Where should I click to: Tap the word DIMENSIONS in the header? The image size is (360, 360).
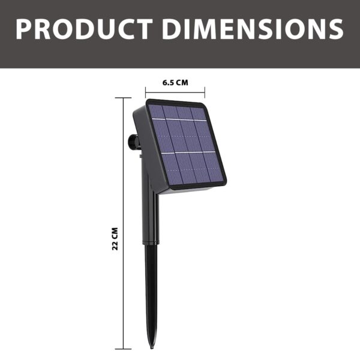pos(250,29)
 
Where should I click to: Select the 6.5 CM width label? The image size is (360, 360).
pos(175,83)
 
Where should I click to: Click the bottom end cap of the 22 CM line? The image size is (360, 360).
pos(123,349)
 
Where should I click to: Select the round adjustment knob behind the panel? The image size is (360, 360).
pos(132,143)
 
